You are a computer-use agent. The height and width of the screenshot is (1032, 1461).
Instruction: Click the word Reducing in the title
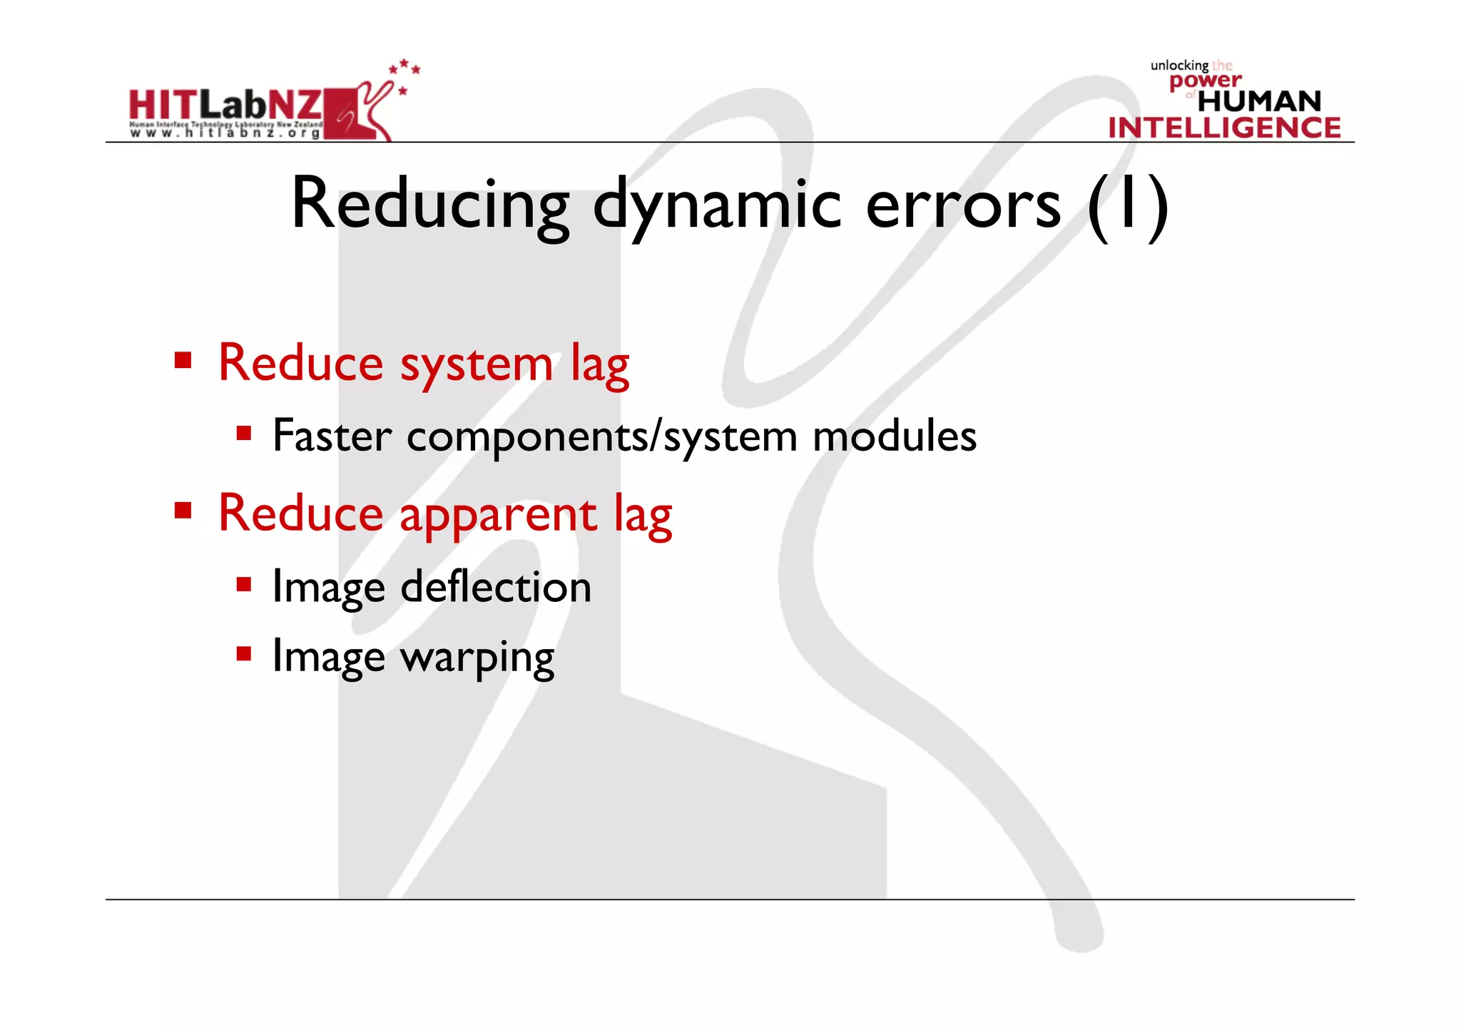[x=430, y=205]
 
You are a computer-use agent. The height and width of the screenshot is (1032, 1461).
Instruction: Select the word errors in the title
[x=963, y=205]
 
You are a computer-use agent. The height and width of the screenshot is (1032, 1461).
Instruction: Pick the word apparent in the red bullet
[x=498, y=514]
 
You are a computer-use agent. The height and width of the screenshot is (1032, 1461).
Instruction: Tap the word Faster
[x=332, y=436]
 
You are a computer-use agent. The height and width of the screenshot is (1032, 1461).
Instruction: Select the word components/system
[x=601, y=437]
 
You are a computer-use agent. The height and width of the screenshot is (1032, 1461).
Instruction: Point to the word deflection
[x=496, y=587]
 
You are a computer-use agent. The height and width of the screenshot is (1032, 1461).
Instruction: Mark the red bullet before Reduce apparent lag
[x=183, y=510]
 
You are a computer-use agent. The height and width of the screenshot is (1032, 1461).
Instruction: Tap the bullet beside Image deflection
[x=244, y=585]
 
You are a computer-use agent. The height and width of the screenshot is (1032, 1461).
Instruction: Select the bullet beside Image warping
[x=244, y=653]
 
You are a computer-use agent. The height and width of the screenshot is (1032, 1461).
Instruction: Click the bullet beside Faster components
[x=244, y=433]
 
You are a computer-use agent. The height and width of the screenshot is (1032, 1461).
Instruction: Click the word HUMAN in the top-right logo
[x=1259, y=101]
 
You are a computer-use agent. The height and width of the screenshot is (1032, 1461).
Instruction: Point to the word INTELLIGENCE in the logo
[x=1224, y=128]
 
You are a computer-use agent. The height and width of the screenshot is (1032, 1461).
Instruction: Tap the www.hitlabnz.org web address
[x=225, y=133]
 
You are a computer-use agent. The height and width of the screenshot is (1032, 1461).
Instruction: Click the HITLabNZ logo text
[x=225, y=106]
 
